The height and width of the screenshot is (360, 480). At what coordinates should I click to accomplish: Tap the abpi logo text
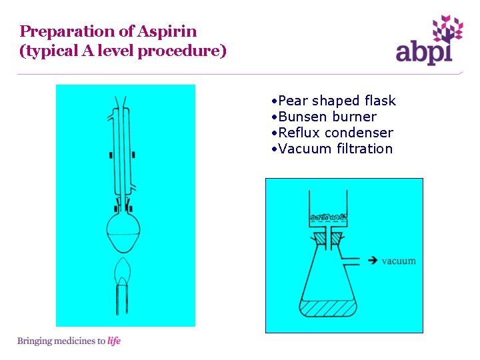click(425, 52)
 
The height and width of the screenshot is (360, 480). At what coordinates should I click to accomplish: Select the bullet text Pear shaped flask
click(337, 101)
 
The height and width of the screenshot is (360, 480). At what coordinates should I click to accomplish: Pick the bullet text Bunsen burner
click(327, 117)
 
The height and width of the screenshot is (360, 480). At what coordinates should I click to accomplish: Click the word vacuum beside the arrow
click(399, 261)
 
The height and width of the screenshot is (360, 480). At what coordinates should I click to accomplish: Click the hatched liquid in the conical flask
click(327, 309)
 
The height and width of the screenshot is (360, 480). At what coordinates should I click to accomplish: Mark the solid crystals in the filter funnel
click(327, 217)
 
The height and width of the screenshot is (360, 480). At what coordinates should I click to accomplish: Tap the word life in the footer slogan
click(114, 341)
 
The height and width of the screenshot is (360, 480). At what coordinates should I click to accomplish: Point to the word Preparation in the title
click(58, 31)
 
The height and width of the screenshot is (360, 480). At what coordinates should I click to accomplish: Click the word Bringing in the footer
click(35, 341)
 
